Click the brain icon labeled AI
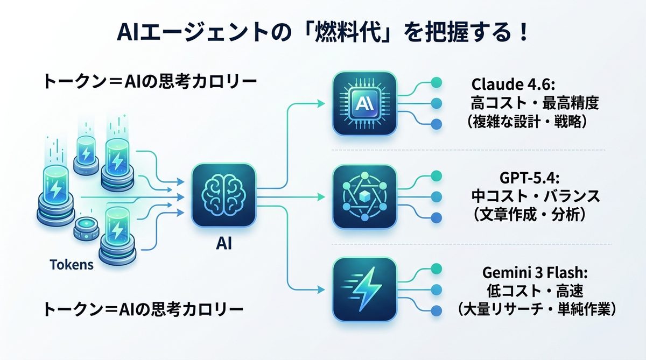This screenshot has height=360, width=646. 223,196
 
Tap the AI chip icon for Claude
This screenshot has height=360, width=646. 364,103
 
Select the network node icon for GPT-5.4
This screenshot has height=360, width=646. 364,196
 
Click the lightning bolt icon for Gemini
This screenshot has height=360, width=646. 364,288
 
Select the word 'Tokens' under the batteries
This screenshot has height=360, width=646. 71,265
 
